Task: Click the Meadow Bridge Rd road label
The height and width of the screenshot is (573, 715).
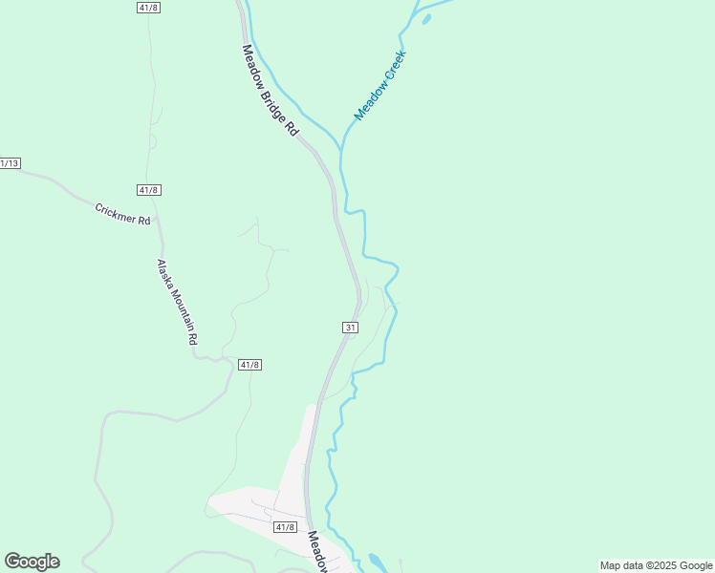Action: pos(271,90)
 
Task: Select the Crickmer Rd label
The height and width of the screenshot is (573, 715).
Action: pos(122,213)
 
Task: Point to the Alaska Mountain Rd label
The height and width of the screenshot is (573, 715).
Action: pos(178,302)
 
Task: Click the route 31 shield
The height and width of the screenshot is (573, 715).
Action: pos(351,328)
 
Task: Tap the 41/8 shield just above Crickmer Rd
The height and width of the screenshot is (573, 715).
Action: pos(148,190)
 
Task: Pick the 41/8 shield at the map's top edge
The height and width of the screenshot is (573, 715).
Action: pos(148,7)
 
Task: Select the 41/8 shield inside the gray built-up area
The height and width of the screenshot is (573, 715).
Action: pos(285,527)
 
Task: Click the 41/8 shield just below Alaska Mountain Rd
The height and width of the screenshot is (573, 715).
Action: pos(249,365)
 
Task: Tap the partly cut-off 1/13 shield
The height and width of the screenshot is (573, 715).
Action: pos(10,163)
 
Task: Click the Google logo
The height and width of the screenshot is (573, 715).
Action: pos(32,562)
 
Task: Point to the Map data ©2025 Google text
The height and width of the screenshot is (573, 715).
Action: pos(656,565)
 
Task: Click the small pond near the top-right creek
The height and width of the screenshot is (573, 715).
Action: pos(425,18)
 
